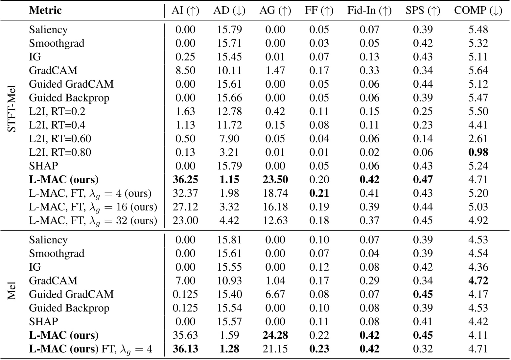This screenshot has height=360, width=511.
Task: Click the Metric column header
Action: pyautogui.click(x=45, y=11)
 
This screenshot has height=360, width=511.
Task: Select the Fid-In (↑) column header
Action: pyautogui.click(x=369, y=11)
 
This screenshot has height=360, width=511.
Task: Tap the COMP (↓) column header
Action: pyautogui.click(x=478, y=11)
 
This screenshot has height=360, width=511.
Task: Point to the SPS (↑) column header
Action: pyautogui.click(x=423, y=11)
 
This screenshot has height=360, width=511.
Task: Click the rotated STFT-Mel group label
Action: pyautogui.click(x=12, y=111)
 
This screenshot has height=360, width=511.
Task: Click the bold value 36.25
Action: pyautogui.click(x=185, y=180)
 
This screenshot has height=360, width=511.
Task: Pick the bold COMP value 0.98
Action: pyautogui.click(x=478, y=152)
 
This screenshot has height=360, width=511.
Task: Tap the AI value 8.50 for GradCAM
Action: pyautogui.click(x=185, y=71)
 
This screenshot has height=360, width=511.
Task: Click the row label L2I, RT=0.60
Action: pyautogui.click(x=60, y=139)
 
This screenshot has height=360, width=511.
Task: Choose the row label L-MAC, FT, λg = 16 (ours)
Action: pyautogui.click(x=93, y=207)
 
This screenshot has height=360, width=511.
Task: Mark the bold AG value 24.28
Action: pyautogui.click(x=275, y=335)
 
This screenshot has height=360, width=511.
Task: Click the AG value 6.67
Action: pyautogui.click(x=275, y=294)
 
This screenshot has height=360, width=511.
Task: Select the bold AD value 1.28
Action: pyautogui.click(x=229, y=349)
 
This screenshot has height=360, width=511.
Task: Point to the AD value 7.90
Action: pyautogui.click(x=229, y=139)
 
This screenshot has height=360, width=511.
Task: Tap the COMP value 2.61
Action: pyautogui.click(x=478, y=139)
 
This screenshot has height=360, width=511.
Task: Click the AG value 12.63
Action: pyautogui.click(x=275, y=220)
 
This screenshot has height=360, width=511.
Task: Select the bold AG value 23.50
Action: pyautogui.click(x=275, y=180)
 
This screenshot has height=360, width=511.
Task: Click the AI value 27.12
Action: pyautogui.click(x=185, y=207)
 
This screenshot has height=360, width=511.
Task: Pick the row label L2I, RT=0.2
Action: pyautogui.click(x=57, y=111)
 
